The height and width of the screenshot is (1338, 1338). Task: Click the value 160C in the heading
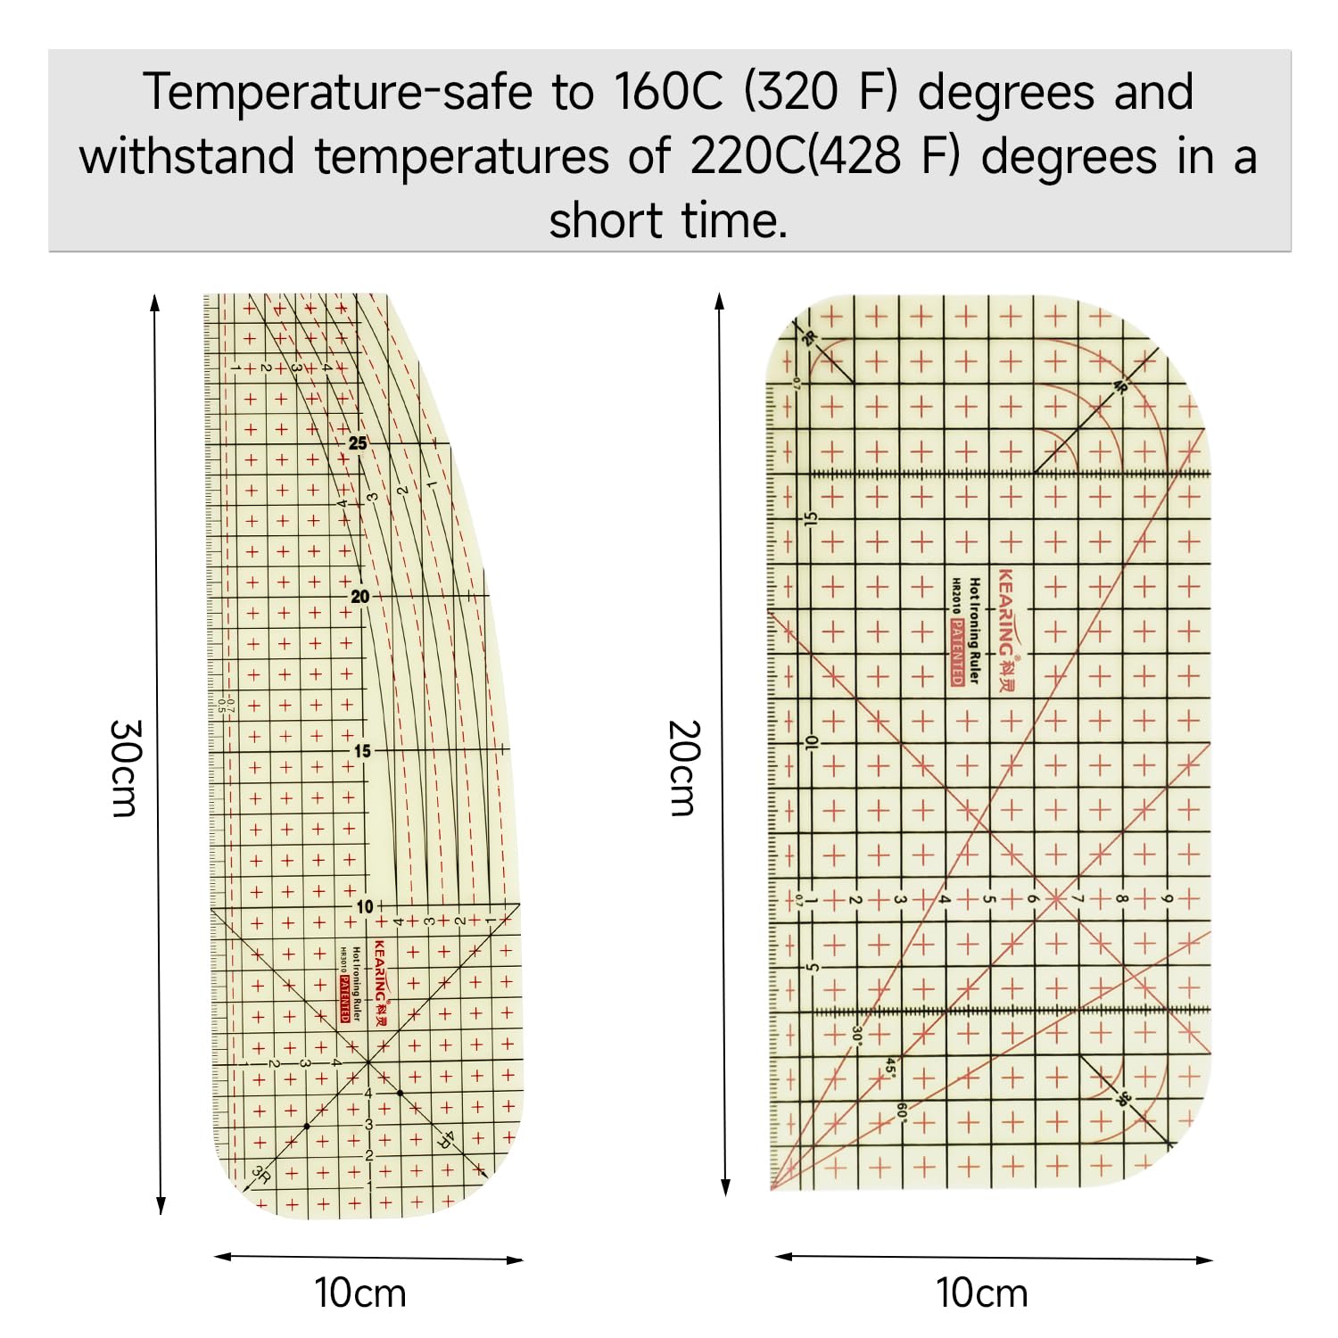click(668, 92)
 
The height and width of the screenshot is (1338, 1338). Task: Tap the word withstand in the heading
click(186, 157)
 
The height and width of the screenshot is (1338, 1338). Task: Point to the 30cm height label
click(124, 768)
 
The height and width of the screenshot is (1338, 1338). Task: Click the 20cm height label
click(684, 768)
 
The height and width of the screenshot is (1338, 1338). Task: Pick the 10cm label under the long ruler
click(360, 1293)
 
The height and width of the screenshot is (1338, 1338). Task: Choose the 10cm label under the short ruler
click(981, 1293)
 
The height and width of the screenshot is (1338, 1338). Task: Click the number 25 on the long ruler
click(358, 443)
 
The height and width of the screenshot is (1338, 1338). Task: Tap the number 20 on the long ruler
click(359, 597)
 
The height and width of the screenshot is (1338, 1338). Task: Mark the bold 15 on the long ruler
click(361, 751)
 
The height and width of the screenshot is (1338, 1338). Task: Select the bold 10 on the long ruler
click(365, 906)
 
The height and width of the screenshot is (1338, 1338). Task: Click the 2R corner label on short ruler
click(809, 338)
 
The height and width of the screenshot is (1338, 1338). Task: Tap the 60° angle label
click(902, 1111)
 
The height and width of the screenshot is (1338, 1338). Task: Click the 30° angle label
click(856, 1035)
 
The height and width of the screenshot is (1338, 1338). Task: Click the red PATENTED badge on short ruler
click(956, 653)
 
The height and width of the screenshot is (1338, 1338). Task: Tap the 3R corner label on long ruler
click(260, 1174)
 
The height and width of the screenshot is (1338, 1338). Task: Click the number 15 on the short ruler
click(811, 518)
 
